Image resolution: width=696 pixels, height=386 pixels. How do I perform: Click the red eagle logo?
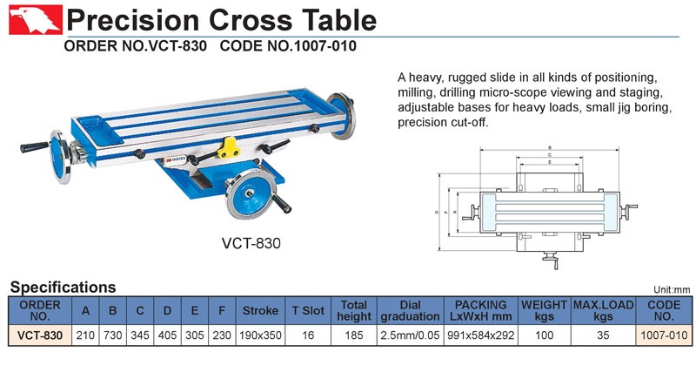tap(36, 19)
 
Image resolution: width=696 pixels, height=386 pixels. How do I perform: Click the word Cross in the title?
tap(251, 20)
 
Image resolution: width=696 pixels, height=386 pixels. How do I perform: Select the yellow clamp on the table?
tap(229, 148)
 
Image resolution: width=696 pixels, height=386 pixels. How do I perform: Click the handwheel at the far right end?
tap(342, 116)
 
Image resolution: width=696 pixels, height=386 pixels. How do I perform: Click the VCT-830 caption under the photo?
tap(251, 243)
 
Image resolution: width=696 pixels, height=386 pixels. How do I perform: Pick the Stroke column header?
tap(260, 310)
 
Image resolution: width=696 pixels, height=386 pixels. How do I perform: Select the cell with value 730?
tap(113, 335)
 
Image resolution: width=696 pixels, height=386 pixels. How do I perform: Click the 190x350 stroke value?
tap(260, 335)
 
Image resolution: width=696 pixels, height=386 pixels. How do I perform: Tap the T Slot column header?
tap(308, 310)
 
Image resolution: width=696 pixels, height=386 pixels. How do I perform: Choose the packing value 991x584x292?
tap(481, 335)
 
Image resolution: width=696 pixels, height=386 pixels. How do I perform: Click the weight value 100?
tap(545, 335)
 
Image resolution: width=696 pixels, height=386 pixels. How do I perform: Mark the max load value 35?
tap(603, 335)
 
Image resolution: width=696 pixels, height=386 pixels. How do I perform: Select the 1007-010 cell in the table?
tap(664, 335)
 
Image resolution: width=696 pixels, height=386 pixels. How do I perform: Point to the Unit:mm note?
tap(672, 290)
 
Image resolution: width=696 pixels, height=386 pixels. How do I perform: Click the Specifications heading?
tap(63, 288)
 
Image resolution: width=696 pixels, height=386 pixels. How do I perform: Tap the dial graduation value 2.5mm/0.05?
tap(410, 335)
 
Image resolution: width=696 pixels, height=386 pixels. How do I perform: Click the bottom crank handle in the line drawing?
tap(551, 260)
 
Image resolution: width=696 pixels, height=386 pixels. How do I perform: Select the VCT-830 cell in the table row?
tap(40, 335)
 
